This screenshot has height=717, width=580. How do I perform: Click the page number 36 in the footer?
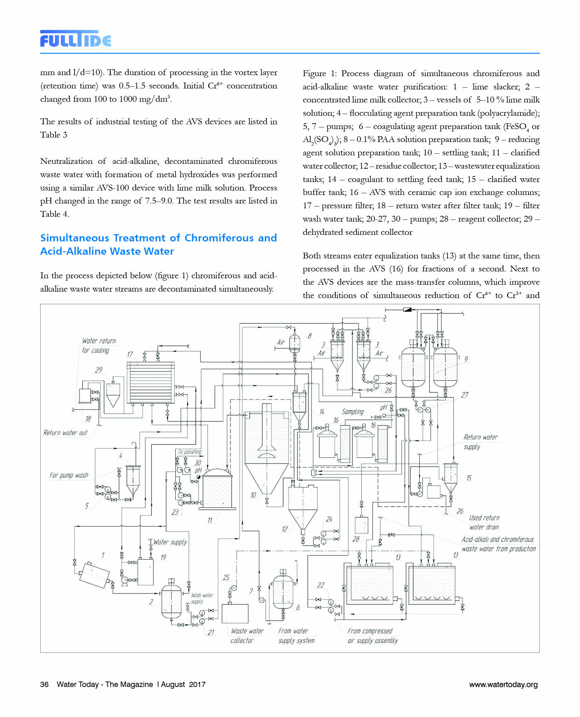pos(44,684)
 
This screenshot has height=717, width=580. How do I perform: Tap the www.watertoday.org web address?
pos(503,684)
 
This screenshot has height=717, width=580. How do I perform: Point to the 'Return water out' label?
pos(65,433)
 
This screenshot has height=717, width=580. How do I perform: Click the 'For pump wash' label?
pos(69,475)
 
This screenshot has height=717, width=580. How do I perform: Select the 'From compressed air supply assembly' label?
pos(372,636)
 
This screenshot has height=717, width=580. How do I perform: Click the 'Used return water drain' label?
pos(484,522)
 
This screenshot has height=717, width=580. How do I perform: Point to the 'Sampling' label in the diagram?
pos(353,412)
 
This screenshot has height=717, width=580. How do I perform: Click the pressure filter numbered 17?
pos(150,382)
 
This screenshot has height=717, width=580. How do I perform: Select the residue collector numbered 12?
pos(303,505)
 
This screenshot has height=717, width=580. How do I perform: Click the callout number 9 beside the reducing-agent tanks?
pos(466,359)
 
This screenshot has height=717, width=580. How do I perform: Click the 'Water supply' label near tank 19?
pos(170,542)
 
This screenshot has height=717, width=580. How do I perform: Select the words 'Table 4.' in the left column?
pos(55,214)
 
